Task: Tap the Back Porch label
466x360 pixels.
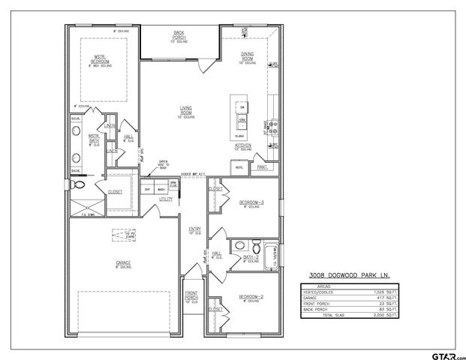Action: pos(179,34)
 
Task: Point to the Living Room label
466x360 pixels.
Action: pos(186,110)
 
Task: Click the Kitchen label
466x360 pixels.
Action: pos(242,145)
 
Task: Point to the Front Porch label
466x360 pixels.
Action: pos(192,295)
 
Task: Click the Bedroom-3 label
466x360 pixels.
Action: pos(251,202)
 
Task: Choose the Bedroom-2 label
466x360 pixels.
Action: pos(251,298)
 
